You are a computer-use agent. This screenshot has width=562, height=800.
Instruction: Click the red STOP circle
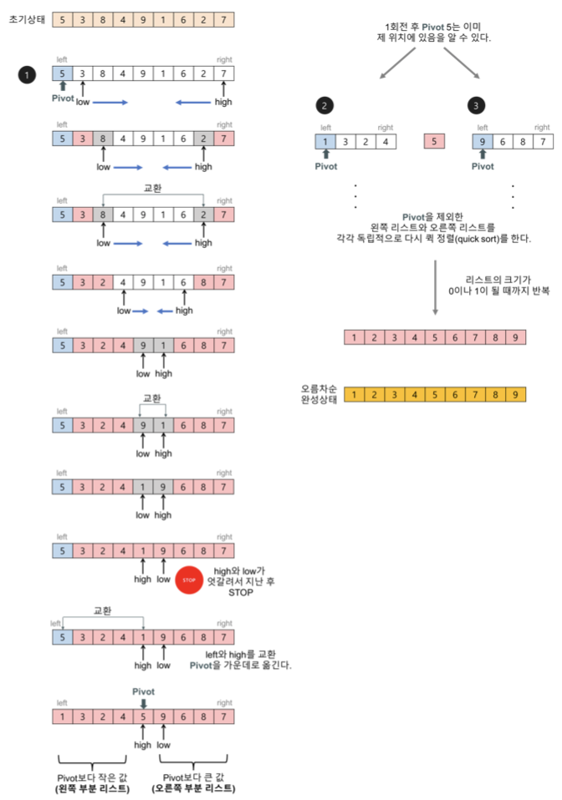coord(189,578)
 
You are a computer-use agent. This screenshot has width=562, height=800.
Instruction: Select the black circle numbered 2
coord(324,105)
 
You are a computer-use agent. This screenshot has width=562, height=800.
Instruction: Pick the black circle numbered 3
coord(476,105)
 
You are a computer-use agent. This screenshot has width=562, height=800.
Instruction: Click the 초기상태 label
coord(26,18)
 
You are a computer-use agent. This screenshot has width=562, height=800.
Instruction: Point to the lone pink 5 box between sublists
coord(434,141)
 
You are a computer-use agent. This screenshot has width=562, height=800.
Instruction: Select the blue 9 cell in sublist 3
coord(483,141)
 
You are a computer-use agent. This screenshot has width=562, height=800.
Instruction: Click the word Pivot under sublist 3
coord(483,166)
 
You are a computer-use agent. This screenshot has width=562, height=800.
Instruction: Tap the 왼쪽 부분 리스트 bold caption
coord(93,788)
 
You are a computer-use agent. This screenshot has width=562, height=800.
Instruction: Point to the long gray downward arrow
coord(435,288)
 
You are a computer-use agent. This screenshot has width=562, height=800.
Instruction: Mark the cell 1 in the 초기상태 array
coord(164,18)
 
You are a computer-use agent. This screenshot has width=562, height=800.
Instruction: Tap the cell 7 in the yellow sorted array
coord(476,394)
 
